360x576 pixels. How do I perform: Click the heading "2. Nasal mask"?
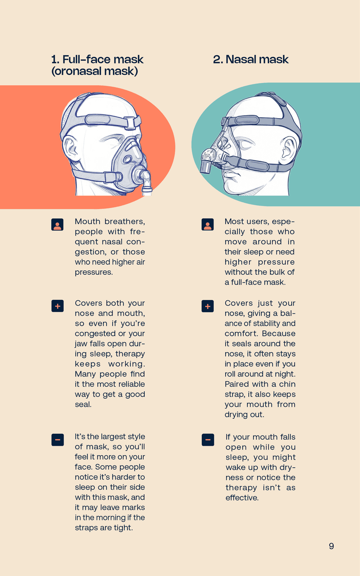250,60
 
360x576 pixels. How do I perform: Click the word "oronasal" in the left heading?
78,71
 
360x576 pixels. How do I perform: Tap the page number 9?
331,546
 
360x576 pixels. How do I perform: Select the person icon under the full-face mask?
57,225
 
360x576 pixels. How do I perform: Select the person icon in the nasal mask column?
207,224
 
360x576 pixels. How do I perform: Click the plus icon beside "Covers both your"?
57,306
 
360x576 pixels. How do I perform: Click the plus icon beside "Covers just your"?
207,306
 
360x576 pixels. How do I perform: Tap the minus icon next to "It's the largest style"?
57,439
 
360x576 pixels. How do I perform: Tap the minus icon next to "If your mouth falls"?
207,439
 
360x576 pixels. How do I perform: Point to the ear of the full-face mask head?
69,148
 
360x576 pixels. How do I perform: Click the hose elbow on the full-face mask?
145,178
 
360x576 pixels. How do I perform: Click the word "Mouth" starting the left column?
87,222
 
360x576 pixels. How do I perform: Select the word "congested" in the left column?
92,333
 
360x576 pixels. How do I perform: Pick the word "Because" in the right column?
278,333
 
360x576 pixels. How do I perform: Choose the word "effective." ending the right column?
242,498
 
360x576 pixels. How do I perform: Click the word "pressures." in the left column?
93,272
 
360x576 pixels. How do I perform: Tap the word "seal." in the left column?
83,404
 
